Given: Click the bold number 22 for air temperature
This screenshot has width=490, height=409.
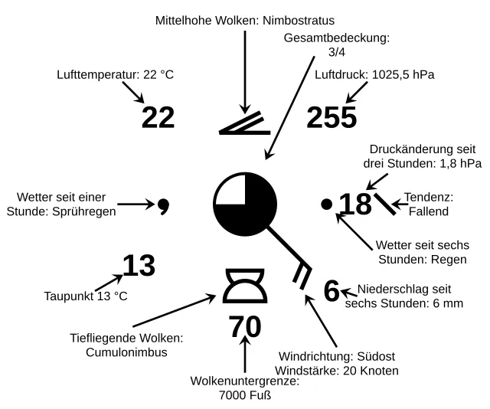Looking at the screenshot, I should pyautogui.click(x=158, y=117).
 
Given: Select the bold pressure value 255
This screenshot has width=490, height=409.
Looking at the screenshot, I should pyautogui.click(x=332, y=117).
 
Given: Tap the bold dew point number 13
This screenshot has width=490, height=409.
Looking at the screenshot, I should pyautogui.click(x=139, y=266).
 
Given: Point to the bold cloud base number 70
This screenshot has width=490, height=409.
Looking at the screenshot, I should pyautogui.click(x=245, y=327).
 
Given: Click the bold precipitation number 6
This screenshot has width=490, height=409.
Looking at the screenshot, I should pyautogui.click(x=331, y=291).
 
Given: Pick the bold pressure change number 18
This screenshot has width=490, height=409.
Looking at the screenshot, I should pyautogui.click(x=354, y=204).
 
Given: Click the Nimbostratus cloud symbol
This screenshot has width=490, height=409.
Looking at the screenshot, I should pyautogui.click(x=242, y=124).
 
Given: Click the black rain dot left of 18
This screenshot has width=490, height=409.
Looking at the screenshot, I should pyautogui.click(x=327, y=204).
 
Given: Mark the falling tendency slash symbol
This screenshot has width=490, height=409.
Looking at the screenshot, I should pyautogui.click(x=385, y=204).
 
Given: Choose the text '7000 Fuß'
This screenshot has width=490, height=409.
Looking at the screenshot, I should pyautogui.click(x=245, y=395).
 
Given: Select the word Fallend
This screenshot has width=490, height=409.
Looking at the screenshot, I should pyautogui.click(x=428, y=211).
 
